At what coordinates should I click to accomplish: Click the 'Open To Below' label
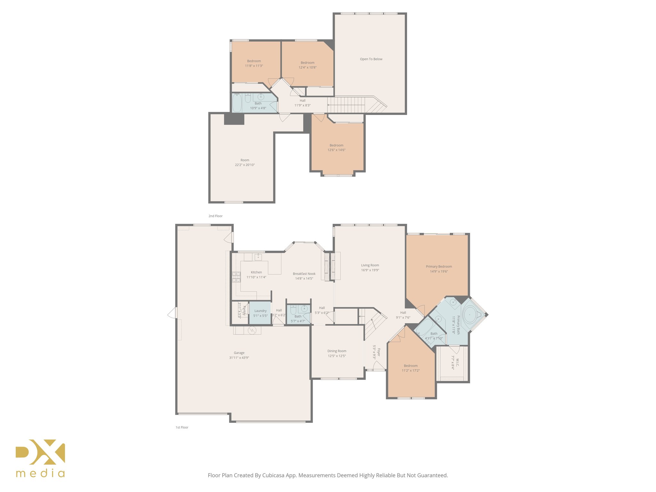coord(371,59)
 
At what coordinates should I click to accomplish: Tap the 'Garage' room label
coord(239,353)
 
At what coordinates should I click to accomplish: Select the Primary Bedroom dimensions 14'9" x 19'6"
coord(439,271)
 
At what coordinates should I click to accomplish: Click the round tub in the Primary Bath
coord(470,315)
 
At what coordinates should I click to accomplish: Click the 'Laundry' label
coord(260,311)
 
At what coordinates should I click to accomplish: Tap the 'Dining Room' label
coord(337,351)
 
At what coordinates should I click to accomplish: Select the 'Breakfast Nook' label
coord(304,274)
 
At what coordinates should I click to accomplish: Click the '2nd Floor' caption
coord(215,216)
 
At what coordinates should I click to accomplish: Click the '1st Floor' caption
coord(182,427)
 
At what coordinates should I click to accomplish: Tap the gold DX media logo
coord(40,458)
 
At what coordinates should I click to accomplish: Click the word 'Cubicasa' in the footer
coord(274,475)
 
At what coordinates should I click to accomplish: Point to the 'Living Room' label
coord(370,265)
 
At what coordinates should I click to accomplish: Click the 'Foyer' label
coord(379,352)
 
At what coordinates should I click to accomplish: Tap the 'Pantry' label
coord(244,310)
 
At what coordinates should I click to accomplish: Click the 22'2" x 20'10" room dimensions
coord(245,165)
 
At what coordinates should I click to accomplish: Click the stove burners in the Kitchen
coord(236,277)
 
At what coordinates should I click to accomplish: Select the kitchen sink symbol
coord(258,257)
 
